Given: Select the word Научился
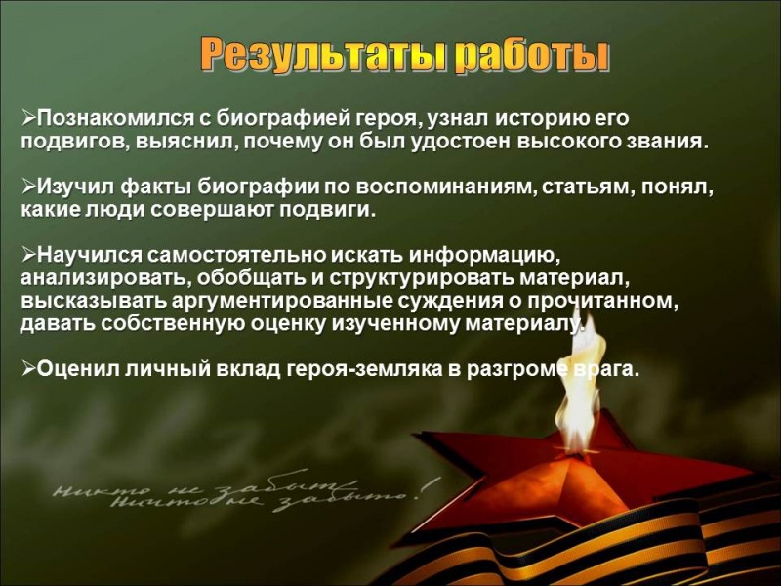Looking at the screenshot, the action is point(89,255).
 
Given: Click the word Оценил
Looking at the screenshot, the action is point(78,370).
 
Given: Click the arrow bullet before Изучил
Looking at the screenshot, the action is point(28,187).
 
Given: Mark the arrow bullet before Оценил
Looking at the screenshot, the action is point(28,370).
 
